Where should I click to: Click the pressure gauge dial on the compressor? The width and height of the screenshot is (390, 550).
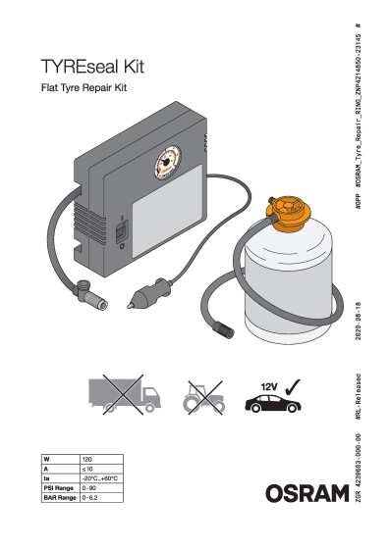pyautogui.click(x=168, y=163)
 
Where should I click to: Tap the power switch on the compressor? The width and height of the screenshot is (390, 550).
pyautogui.click(x=122, y=231)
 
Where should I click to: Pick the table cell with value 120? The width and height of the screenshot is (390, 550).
pyautogui.click(x=100, y=459)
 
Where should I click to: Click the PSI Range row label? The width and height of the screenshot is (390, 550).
pyautogui.click(x=58, y=488)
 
